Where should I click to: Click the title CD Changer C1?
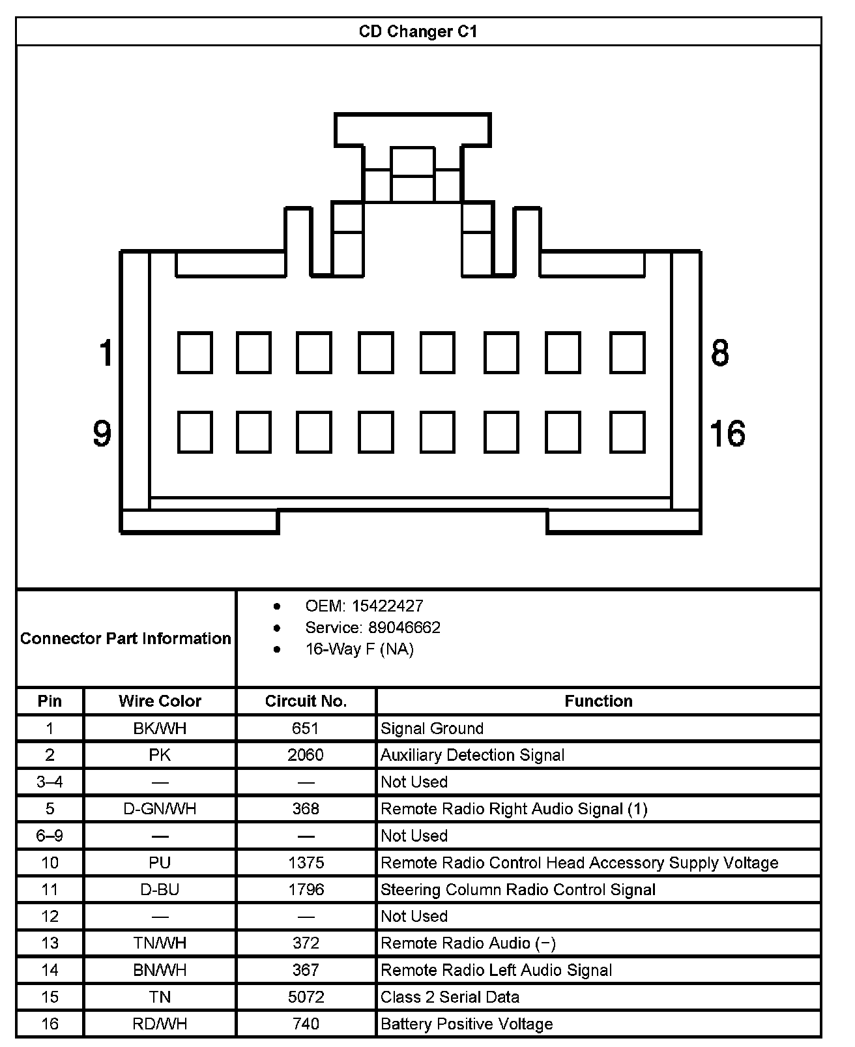pyautogui.click(x=418, y=31)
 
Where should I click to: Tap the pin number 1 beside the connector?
pyautogui.click(x=106, y=353)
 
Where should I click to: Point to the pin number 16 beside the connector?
pyautogui.click(x=727, y=434)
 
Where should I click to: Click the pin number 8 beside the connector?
pyautogui.click(x=719, y=353)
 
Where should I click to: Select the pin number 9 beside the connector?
pyautogui.click(x=102, y=434)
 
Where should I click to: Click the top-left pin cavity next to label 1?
pyautogui.click(x=195, y=353)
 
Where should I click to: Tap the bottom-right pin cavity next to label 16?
pyautogui.click(x=627, y=432)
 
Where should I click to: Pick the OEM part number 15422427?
pyautogui.click(x=387, y=606)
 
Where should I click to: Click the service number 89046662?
pyautogui.click(x=404, y=628)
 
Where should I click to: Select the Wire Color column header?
pyautogui.click(x=160, y=701)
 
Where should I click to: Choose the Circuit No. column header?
pyautogui.click(x=306, y=701)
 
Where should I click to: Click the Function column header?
pyautogui.click(x=598, y=701)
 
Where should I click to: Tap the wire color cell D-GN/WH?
pyautogui.click(x=160, y=809)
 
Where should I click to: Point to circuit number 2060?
pyautogui.click(x=306, y=755)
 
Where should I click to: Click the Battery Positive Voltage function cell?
pyautogui.click(x=467, y=1024)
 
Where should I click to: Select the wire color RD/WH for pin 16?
pyautogui.click(x=160, y=1024)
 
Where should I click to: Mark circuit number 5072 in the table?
pyautogui.click(x=306, y=997)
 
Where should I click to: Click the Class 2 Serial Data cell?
pyautogui.click(x=450, y=997)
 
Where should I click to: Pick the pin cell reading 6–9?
pyautogui.click(x=50, y=836)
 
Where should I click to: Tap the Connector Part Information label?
pyautogui.click(x=126, y=638)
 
